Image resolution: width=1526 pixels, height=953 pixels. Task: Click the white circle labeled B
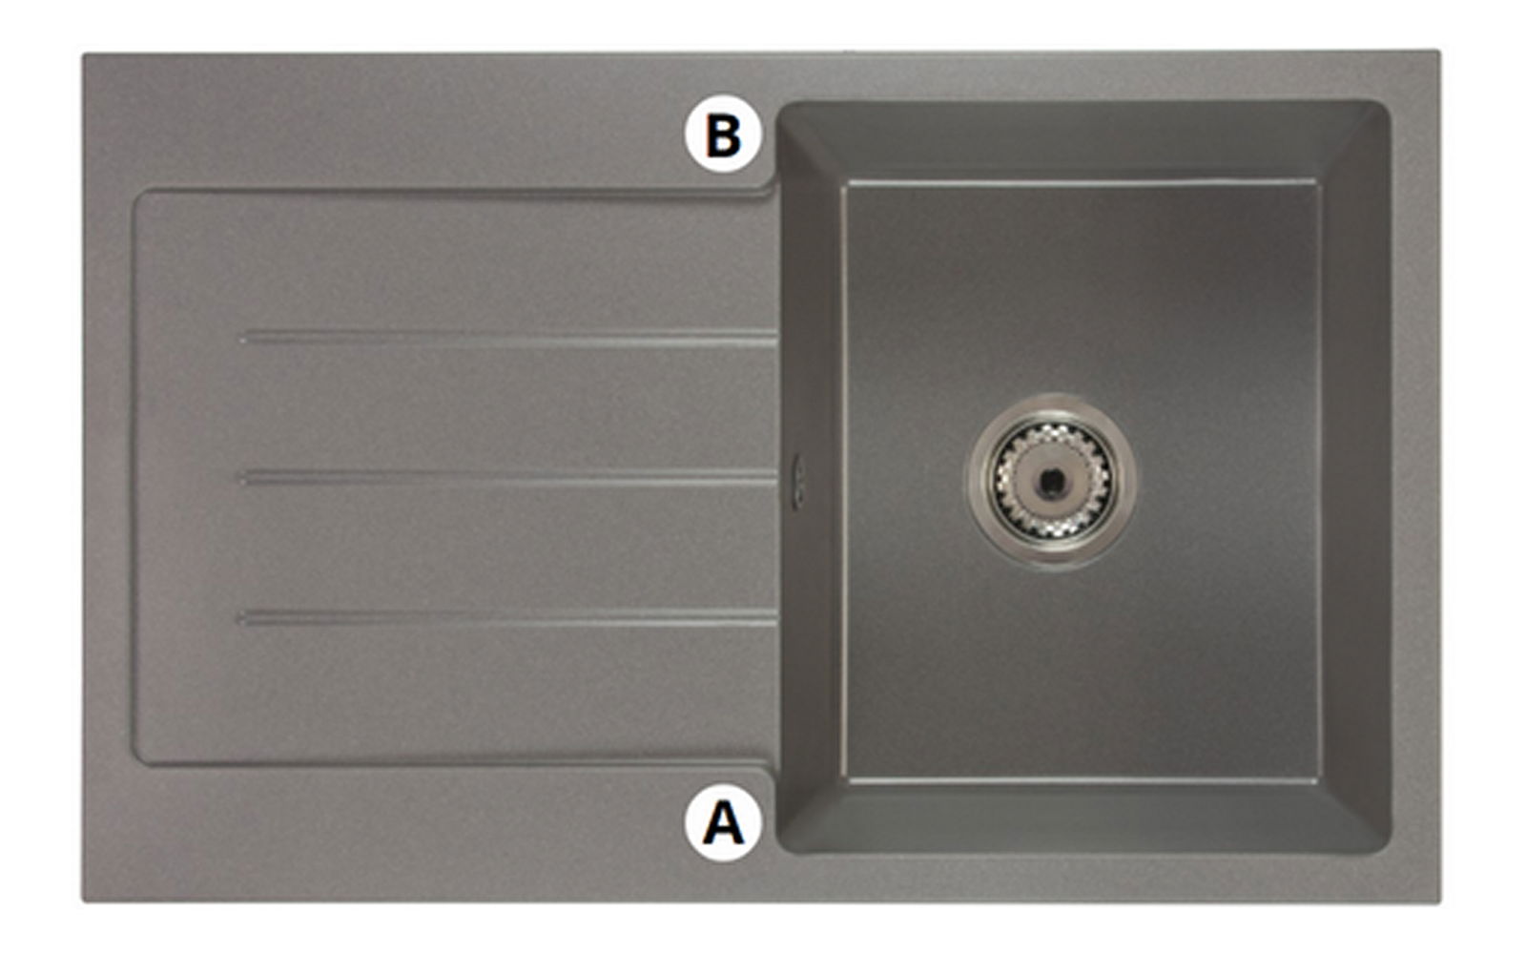tap(723, 135)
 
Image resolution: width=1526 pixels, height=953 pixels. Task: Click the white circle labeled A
tap(723, 822)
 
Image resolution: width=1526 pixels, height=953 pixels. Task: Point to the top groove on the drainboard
tap(509, 337)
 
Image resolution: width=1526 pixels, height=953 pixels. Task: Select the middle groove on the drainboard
tap(508, 478)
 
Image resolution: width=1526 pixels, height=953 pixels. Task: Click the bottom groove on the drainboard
tap(508, 618)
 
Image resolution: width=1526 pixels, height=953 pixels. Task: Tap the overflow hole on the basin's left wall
tap(798, 481)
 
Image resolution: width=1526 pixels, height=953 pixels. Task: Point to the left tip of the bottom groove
tap(239, 618)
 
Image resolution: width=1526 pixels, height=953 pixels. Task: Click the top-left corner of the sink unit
tap(83, 53)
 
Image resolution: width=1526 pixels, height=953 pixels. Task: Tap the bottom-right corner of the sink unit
tap(1439, 901)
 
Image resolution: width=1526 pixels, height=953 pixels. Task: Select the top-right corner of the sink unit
tap(1439, 51)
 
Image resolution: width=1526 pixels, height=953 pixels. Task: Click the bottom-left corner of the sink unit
tap(82, 901)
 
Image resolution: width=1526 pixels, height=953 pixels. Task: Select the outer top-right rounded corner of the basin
tap(1382, 109)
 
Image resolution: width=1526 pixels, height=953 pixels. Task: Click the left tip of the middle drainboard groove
tap(239, 478)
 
